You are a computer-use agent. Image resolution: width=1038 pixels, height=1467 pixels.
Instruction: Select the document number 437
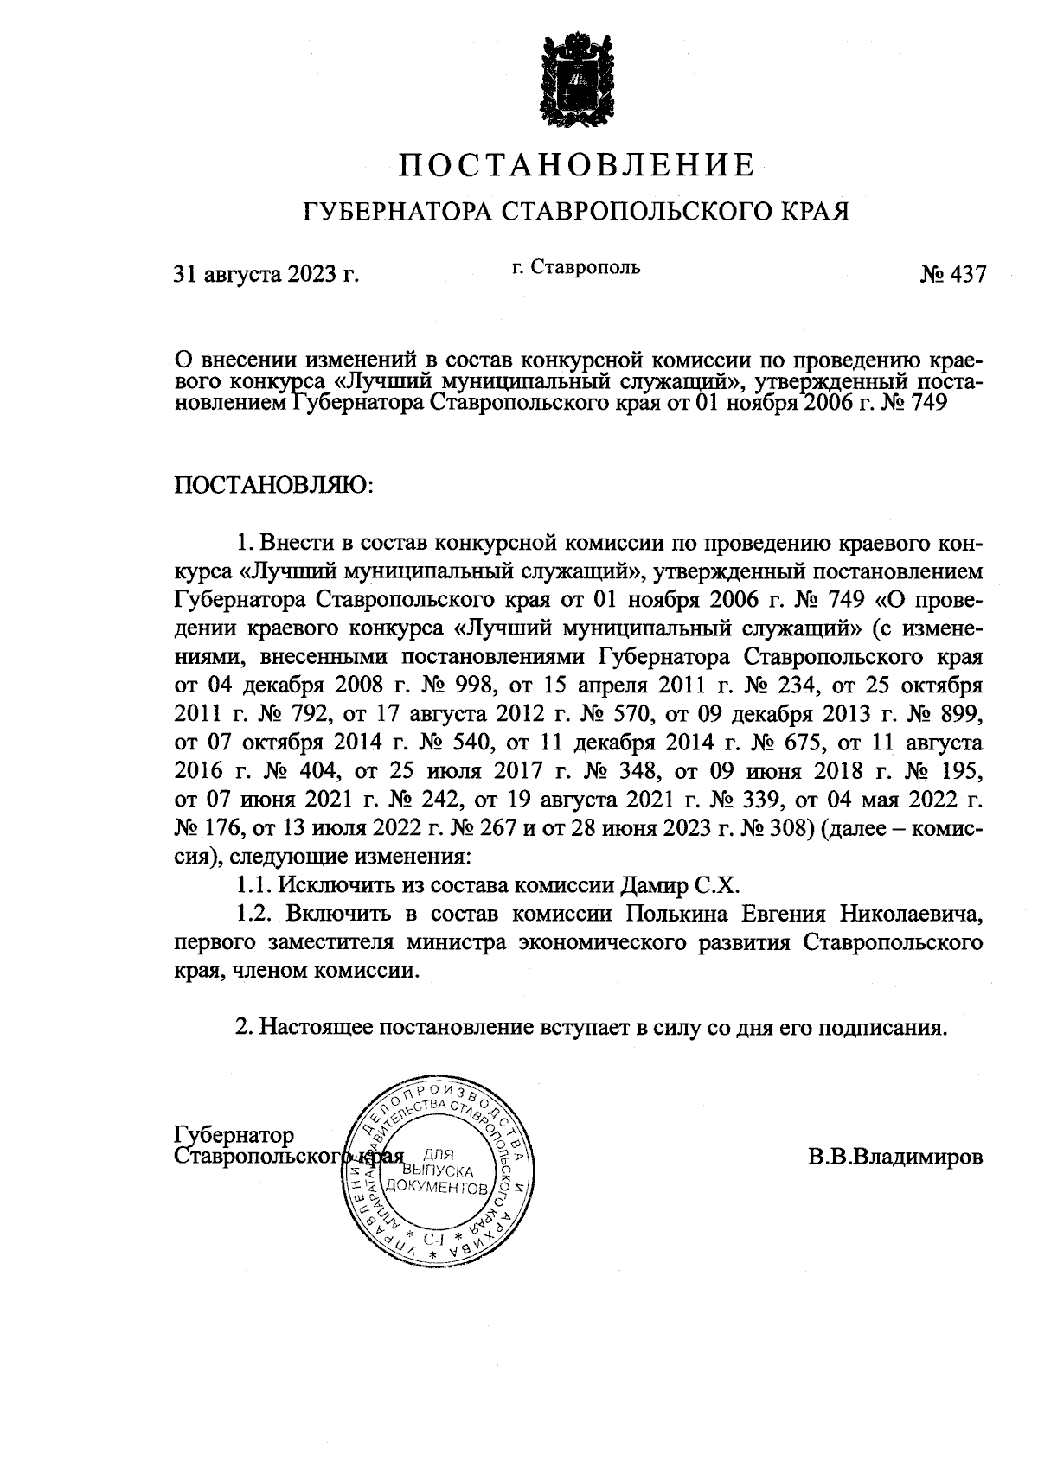(x=966, y=275)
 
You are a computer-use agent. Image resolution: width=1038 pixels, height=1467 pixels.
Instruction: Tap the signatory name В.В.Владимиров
(x=895, y=1157)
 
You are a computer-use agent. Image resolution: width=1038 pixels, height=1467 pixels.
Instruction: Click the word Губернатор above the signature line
(x=234, y=1133)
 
